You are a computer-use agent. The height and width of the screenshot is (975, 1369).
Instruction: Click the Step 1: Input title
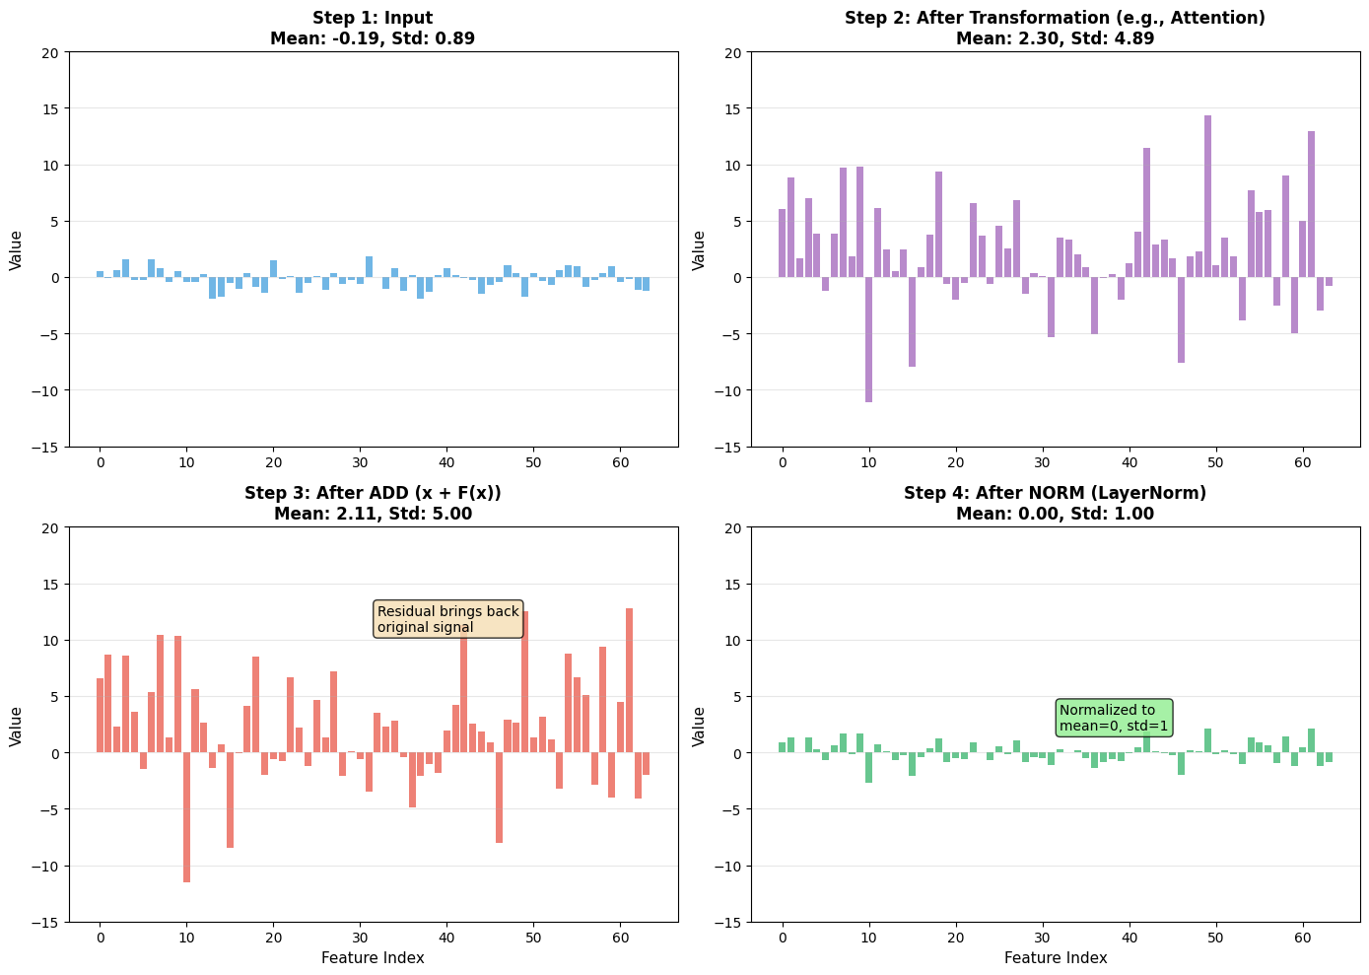(373, 18)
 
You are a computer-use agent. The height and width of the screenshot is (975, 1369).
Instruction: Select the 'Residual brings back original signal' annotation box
(448, 619)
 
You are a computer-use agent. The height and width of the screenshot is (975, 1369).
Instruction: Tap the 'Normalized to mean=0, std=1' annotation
(1114, 718)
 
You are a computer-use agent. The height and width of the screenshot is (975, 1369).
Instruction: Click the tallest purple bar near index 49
(1207, 196)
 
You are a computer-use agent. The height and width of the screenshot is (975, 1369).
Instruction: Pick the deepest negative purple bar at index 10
(868, 339)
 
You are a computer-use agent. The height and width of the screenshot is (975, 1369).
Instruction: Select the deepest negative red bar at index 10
(186, 817)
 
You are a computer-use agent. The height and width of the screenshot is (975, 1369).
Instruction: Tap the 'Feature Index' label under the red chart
(373, 957)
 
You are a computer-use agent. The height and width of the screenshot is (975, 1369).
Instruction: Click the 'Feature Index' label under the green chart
(1056, 957)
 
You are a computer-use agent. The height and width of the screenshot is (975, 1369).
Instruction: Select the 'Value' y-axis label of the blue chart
(16, 249)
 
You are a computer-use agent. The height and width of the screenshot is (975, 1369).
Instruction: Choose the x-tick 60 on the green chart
(1303, 938)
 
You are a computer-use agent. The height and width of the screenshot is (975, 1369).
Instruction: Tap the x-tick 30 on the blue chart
(360, 462)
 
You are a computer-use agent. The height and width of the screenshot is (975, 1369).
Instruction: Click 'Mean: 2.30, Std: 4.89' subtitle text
(1055, 38)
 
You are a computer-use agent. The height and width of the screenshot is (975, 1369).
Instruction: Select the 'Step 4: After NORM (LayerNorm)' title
(1055, 493)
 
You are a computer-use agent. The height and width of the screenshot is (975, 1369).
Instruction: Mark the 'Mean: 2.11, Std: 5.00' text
(373, 514)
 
